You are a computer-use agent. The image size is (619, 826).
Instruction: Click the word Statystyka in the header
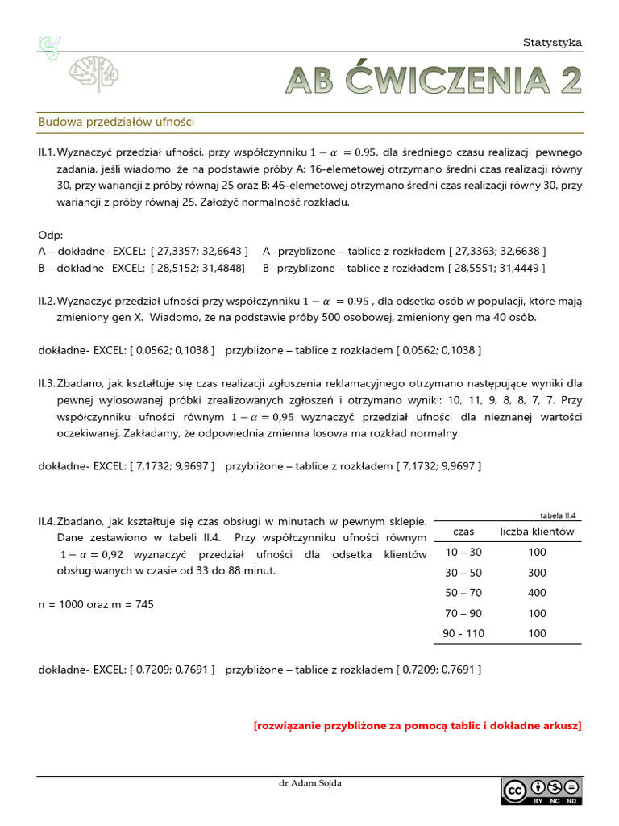[552, 43]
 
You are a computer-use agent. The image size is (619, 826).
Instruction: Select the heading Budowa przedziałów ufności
[117, 122]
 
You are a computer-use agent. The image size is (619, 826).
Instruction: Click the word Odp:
[50, 234]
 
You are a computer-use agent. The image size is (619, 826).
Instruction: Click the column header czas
[463, 532]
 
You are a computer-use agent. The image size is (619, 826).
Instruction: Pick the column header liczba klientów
[537, 532]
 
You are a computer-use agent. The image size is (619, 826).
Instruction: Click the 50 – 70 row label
[463, 593]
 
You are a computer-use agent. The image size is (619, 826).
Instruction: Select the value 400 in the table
[537, 593]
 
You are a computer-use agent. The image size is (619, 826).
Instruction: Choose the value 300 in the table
[537, 573]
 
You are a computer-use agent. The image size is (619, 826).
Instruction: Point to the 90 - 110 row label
[463, 633]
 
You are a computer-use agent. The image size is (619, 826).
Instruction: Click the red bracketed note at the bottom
[417, 725]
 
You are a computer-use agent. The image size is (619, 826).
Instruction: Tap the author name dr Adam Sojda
[309, 783]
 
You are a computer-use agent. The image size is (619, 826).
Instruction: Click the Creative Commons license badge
[540, 791]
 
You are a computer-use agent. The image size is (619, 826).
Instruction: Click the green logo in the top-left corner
[51, 47]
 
